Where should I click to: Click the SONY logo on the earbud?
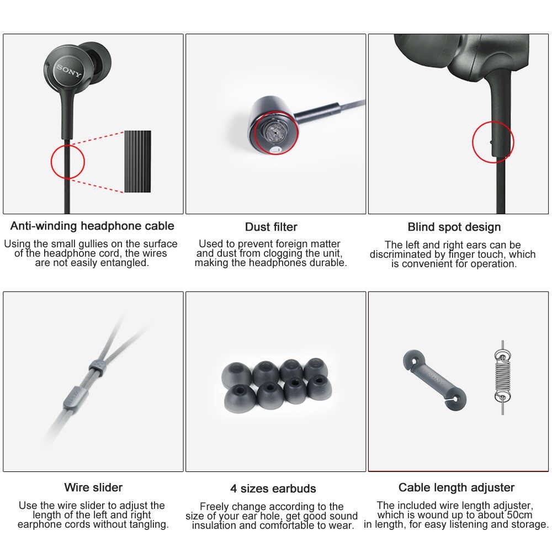tap(70, 71)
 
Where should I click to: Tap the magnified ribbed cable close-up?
tap(137, 162)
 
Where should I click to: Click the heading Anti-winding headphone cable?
tap(92, 226)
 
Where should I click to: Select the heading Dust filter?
tap(271, 227)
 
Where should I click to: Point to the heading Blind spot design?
tap(454, 227)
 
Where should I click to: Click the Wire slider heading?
tap(93, 487)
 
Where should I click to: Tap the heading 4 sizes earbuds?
tap(273, 489)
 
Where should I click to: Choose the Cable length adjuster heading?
tap(457, 487)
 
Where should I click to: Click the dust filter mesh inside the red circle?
tap(274, 132)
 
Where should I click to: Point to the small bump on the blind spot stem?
tap(491, 142)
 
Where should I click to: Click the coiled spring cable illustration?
tap(502, 377)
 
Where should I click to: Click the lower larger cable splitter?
tap(72, 398)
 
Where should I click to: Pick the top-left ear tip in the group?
tap(236, 375)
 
